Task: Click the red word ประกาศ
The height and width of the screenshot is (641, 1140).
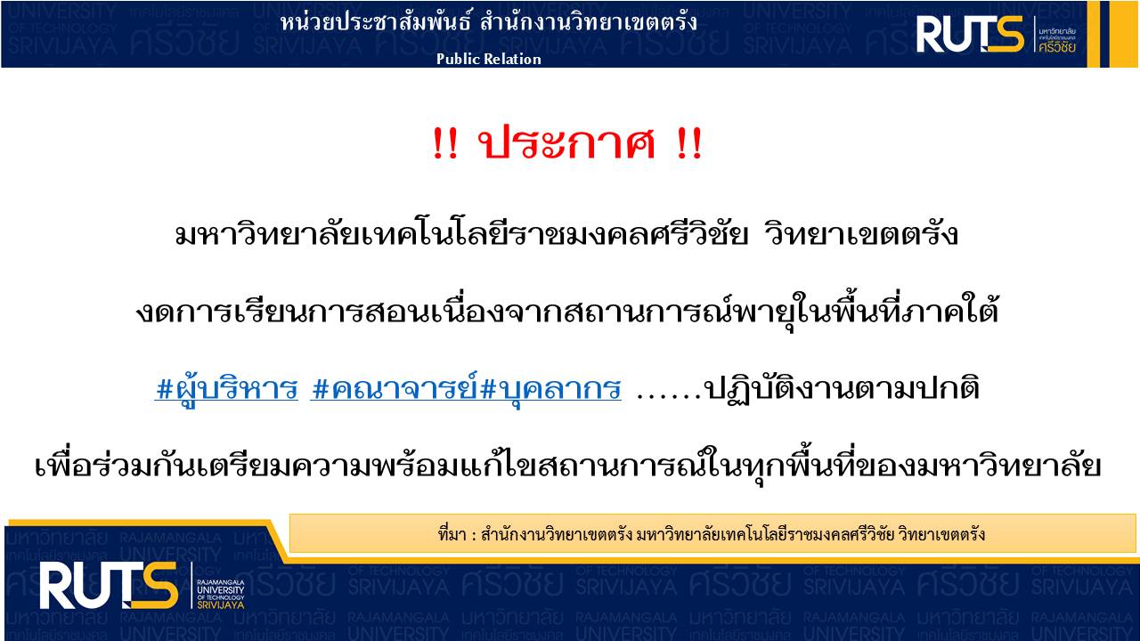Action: (566, 143)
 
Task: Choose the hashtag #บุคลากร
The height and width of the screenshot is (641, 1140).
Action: (550, 389)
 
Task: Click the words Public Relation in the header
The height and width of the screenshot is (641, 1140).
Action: (489, 59)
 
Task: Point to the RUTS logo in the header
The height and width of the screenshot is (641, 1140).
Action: (970, 34)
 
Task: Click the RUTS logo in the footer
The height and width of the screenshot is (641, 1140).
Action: (109, 585)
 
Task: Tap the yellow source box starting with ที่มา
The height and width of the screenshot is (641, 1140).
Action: (712, 533)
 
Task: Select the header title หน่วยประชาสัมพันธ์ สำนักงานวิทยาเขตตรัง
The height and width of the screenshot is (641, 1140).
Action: (489, 23)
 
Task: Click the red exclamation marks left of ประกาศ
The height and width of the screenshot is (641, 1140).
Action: (445, 144)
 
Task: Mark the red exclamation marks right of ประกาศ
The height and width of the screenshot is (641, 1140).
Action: (689, 144)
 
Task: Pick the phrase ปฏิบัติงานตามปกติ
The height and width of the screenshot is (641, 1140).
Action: (842, 389)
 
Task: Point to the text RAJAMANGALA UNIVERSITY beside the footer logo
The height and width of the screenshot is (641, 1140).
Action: (221, 586)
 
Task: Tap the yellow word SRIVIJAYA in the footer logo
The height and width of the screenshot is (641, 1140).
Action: (221, 605)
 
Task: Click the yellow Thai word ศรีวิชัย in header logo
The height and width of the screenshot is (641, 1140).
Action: (1057, 47)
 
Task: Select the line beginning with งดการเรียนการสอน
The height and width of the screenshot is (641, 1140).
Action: (567, 311)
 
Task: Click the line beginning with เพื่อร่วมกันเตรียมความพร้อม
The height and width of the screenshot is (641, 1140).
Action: (567, 466)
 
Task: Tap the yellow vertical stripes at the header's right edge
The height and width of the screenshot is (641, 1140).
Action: (1113, 34)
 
